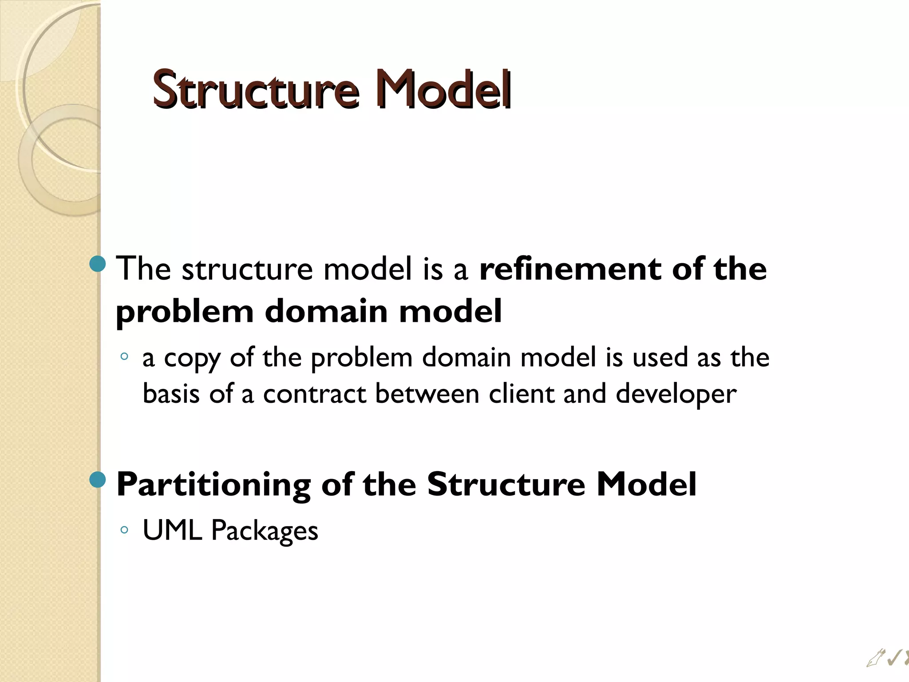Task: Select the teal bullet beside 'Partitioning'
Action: click(x=98, y=480)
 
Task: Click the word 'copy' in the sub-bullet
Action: click(x=192, y=359)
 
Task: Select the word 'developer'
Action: click(x=676, y=394)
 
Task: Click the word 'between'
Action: click(x=427, y=394)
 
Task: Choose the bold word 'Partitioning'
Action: click(x=213, y=485)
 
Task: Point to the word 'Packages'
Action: click(x=265, y=531)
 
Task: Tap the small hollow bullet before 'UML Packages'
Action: click(x=124, y=529)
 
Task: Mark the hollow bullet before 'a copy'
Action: click(x=124, y=356)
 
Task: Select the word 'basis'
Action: click(x=171, y=394)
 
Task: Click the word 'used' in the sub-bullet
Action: click(x=660, y=358)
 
